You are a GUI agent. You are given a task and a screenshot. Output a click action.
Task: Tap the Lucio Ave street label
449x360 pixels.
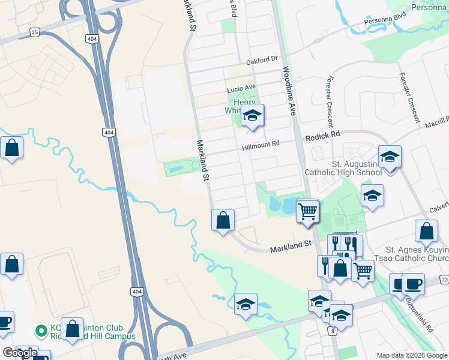(241, 88)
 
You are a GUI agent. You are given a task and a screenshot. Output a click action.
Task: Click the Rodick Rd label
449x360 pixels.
(322, 137)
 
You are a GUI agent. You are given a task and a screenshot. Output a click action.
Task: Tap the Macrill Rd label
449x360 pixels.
(436, 121)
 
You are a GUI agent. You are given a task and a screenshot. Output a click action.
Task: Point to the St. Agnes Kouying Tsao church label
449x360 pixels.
(416, 254)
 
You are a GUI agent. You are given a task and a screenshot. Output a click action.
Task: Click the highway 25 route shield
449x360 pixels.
(35, 32)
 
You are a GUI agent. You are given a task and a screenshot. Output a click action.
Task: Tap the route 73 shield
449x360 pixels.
(444, 280)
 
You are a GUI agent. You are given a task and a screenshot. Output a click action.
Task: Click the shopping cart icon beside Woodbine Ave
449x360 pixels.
(307, 211)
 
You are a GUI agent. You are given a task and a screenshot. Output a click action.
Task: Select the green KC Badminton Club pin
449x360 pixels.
(41, 331)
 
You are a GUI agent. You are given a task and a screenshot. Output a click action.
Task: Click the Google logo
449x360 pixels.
(20, 353)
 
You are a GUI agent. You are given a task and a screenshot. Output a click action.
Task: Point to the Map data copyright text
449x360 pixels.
(411, 355)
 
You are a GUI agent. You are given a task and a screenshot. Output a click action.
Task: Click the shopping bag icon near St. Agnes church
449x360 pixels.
(426, 232)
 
